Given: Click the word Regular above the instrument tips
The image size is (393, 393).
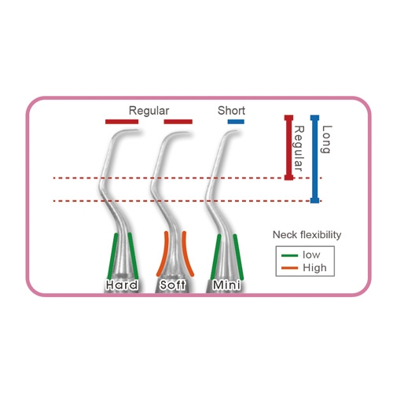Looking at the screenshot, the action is [x=149, y=111].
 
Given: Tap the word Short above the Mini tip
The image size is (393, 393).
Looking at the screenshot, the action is [x=231, y=111].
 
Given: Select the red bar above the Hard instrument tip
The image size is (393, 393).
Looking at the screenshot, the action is [x=122, y=122].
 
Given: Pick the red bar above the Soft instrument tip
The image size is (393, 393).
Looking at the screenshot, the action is [x=178, y=122].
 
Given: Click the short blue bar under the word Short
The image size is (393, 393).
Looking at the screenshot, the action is [x=236, y=122].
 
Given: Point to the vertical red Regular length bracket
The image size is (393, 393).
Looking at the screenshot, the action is [x=288, y=148].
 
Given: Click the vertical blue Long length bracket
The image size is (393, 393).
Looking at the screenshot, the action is [x=314, y=159].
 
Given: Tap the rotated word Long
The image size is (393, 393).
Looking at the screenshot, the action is [x=326, y=139].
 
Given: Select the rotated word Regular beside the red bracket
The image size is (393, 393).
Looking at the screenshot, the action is [x=299, y=149].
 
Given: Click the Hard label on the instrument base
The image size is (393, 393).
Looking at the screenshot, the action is [x=122, y=285].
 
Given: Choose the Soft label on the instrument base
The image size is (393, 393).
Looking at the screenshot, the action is [x=173, y=285].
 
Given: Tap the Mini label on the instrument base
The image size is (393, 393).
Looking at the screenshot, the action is [x=226, y=285].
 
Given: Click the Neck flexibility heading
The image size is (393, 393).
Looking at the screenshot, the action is [x=307, y=235].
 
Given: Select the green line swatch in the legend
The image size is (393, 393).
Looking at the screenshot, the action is [x=289, y=255].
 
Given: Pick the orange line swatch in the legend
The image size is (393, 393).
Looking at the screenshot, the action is [x=289, y=268].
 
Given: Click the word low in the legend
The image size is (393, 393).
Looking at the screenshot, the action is [x=311, y=255].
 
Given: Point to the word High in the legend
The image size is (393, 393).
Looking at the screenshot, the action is [x=314, y=268].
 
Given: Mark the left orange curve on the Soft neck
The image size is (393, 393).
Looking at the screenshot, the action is [x=163, y=254].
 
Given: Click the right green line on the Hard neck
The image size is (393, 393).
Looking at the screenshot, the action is [x=134, y=256].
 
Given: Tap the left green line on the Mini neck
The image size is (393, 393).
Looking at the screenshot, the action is [x=215, y=257].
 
